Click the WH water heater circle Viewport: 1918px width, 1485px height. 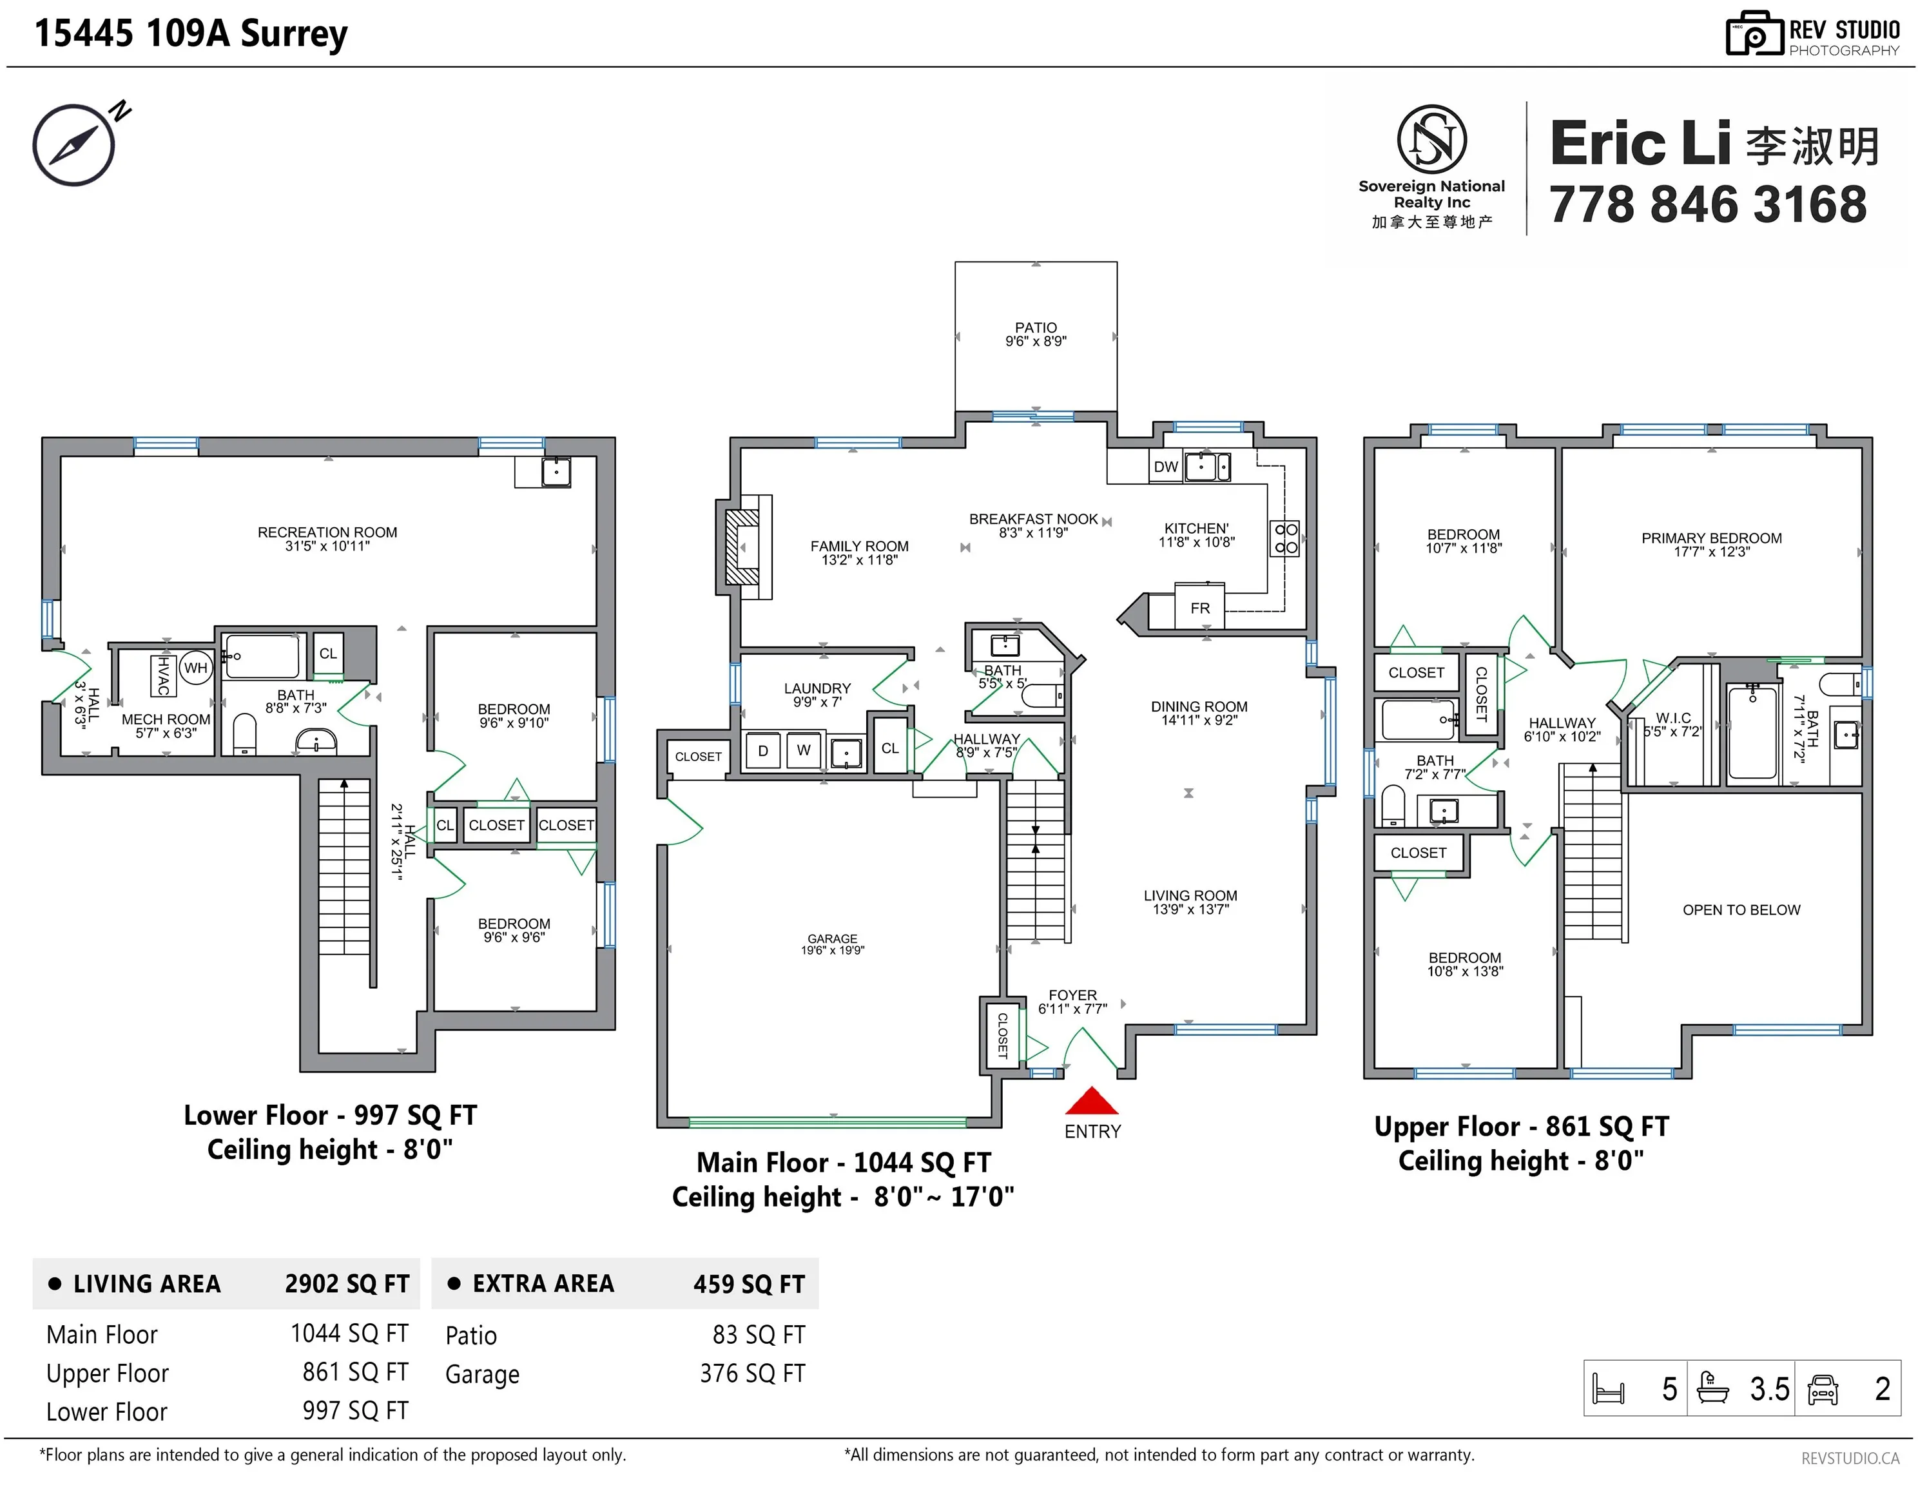coord(195,668)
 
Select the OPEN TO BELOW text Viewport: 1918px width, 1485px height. coord(1741,910)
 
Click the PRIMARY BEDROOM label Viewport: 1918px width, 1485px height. coord(1712,538)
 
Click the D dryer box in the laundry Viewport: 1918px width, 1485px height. coord(763,751)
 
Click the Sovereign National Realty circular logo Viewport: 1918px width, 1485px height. coord(1431,139)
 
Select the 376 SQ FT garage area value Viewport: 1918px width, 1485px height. coord(753,1373)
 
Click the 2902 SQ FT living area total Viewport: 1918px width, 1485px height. coord(347,1284)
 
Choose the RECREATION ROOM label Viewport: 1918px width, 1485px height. coord(327,532)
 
